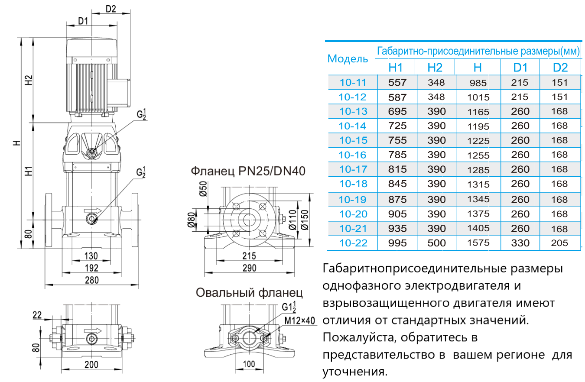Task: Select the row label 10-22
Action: pos(353,243)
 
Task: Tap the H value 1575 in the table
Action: pos(478,243)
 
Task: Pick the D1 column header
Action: pos(520,68)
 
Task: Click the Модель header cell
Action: pos(348,59)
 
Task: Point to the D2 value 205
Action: pos(560,243)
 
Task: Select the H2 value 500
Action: pos(436,243)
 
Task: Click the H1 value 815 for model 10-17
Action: pos(398,169)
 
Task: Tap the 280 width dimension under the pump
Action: pos(91,280)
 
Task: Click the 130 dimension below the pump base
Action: pos(91,255)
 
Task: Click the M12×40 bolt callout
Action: pos(299,321)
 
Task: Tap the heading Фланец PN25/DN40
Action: pos(248,172)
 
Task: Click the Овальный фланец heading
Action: pos(249,293)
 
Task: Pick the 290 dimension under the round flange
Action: pos(249,268)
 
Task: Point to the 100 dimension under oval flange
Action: pos(249,364)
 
